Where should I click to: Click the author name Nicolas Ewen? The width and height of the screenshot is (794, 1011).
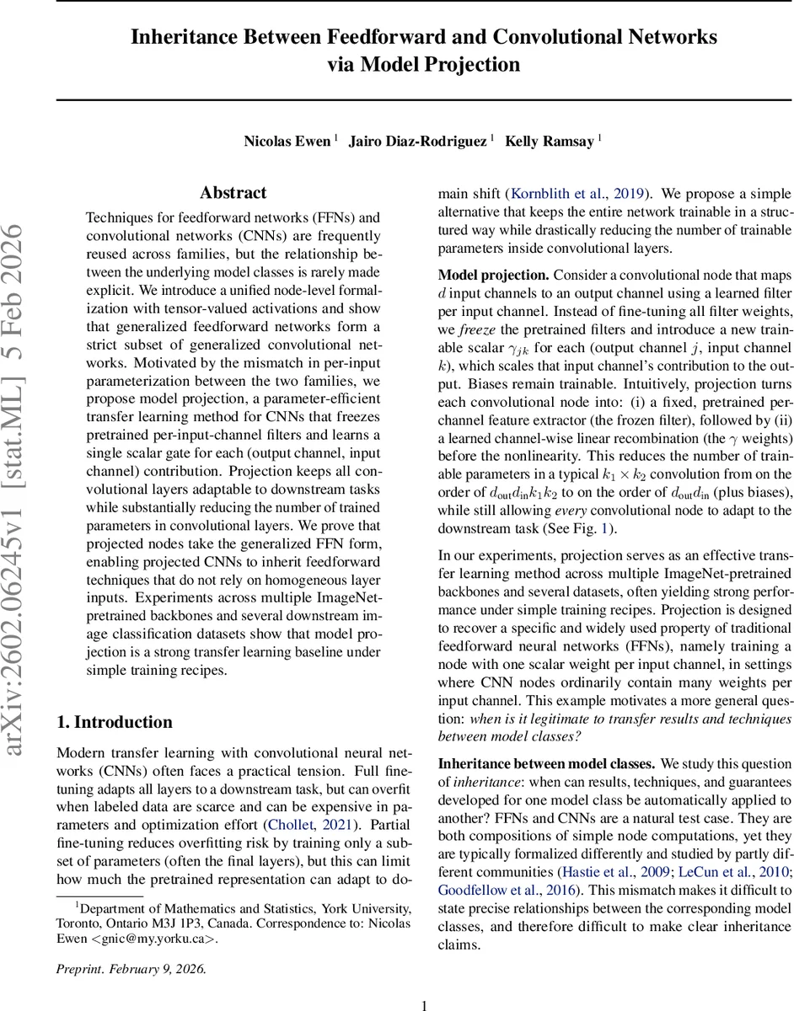coord(287,141)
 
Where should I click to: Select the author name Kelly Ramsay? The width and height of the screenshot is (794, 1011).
coord(549,141)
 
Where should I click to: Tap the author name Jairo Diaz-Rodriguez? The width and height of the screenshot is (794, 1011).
coord(419,141)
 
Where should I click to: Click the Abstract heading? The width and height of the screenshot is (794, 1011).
coord(233,193)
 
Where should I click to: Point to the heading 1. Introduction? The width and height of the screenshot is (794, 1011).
coord(114,722)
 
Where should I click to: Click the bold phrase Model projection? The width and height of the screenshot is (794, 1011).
coord(493,275)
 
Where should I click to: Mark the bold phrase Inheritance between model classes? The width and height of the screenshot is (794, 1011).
coord(546,764)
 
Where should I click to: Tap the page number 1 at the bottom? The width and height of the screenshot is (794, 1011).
coord(425,1004)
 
